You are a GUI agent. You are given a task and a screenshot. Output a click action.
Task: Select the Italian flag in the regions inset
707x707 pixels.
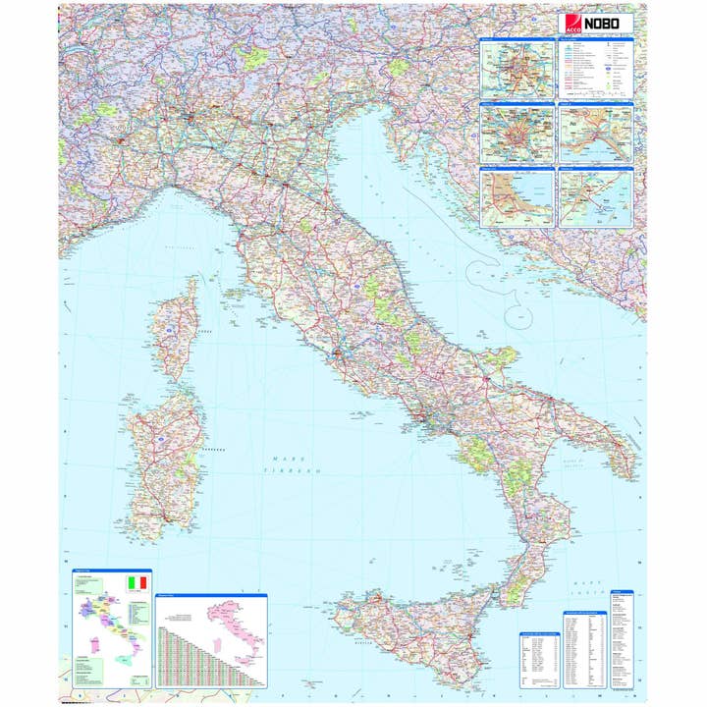(x=136, y=582)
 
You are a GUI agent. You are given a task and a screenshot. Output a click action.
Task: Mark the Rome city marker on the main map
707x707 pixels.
(x=338, y=351)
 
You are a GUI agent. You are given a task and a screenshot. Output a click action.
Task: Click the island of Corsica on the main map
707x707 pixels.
(x=178, y=329)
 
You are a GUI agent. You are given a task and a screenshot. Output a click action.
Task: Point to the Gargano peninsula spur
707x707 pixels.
(x=500, y=357)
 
